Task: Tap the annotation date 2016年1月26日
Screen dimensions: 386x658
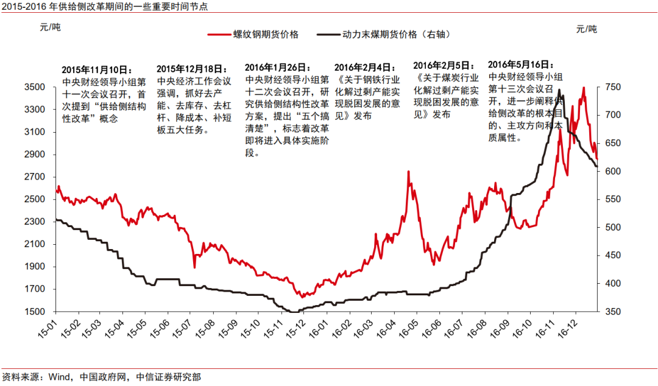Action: click(278, 68)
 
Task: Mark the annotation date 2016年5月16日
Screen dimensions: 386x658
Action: click(522, 64)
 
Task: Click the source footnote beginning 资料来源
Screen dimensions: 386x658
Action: click(101, 377)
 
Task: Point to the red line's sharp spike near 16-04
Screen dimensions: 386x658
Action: click(408, 172)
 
